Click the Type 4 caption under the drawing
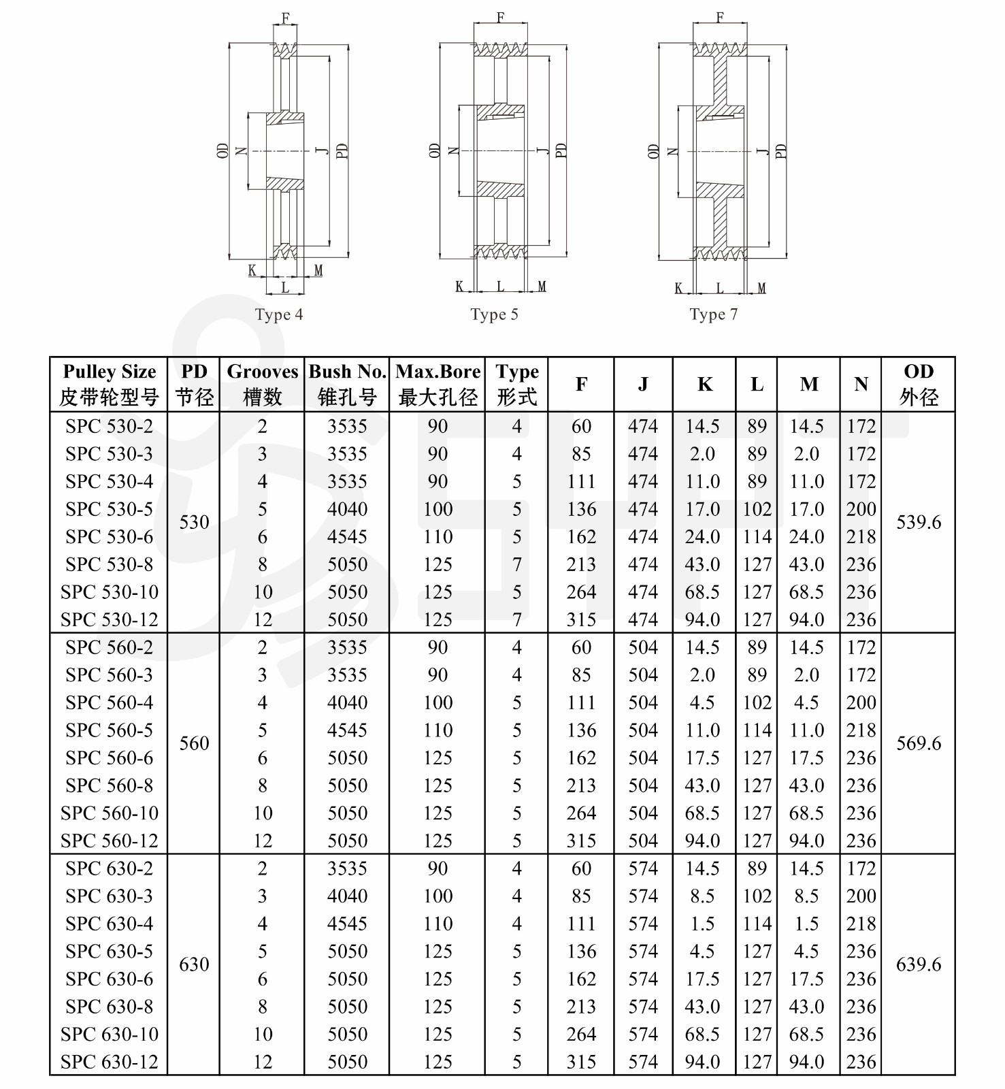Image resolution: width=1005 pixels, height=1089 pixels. point(278,314)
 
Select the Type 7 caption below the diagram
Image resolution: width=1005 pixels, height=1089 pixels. point(713,314)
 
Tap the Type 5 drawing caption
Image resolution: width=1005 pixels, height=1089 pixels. point(494,314)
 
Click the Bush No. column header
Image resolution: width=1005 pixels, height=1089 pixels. point(347,384)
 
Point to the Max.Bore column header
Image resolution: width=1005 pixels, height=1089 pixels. point(438,384)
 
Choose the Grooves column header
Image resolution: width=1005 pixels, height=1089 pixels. point(262,384)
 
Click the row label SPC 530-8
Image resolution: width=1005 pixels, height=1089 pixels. point(109,564)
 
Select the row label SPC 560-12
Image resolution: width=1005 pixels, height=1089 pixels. point(109,841)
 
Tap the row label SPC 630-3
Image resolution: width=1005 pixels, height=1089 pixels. point(109,896)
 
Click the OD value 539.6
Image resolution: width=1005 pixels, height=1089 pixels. point(919,522)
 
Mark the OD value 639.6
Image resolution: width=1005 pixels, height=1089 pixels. point(919,964)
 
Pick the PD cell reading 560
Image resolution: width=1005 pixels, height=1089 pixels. point(194,743)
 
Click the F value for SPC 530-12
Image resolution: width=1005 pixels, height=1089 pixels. point(581,619)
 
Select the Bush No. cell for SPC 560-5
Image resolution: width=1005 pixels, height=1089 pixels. point(347,730)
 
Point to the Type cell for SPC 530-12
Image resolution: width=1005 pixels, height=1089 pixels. point(517,619)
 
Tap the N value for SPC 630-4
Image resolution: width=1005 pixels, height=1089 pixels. point(861,924)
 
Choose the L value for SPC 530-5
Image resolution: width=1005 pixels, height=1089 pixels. point(757,509)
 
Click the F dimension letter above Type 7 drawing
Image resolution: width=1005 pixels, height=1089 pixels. point(720,17)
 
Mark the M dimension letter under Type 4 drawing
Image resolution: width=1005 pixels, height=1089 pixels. point(318,271)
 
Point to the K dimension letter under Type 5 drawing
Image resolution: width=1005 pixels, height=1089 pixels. point(459,287)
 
